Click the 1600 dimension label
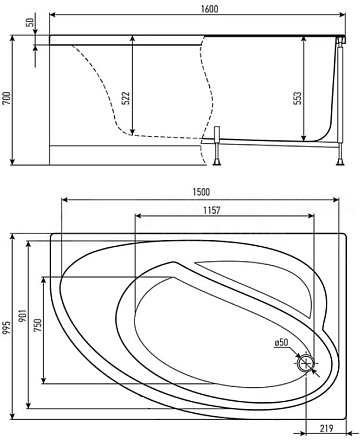pyautogui.click(x=210, y=8)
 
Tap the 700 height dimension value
pyautogui.click(x=7, y=98)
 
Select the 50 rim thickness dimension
pyautogui.click(x=30, y=22)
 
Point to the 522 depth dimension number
pyautogui.click(x=125, y=98)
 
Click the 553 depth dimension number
pyautogui.click(x=297, y=98)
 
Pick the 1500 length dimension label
pyautogui.click(x=201, y=192)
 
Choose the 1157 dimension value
pyautogui.click(x=212, y=210)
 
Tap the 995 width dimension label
pyautogui.click(x=7, y=328)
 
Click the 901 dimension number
pyautogui.click(x=23, y=315)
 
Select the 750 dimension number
pyautogui.click(x=38, y=325)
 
